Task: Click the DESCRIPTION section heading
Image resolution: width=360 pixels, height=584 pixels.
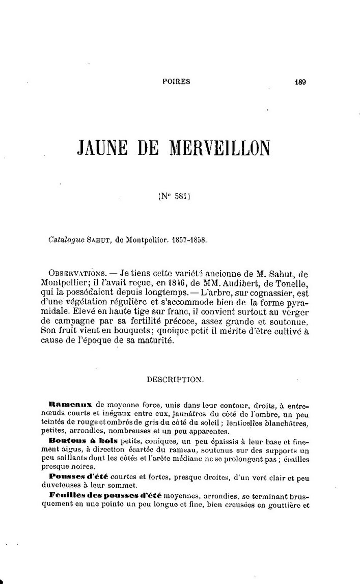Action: click(x=176, y=380)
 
